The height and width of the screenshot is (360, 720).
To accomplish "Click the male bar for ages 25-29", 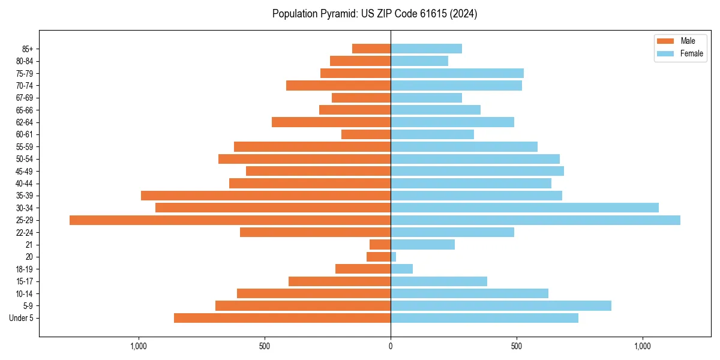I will (230, 220).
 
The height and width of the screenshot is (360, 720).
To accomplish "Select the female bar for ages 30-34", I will (524, 208).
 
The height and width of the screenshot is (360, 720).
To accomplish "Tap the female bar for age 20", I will (394, 257).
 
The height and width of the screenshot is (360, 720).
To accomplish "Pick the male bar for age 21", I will (380, 245).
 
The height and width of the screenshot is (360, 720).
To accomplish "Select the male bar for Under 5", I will (282, 318).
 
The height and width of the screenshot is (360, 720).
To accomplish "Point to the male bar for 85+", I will (371, 49).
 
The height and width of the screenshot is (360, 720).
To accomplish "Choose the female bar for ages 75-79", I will (457, 73).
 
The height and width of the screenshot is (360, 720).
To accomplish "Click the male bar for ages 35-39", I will (266, 196).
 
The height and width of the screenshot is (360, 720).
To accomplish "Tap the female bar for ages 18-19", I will (402, 269).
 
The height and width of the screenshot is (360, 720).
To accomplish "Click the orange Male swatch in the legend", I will (665, 41).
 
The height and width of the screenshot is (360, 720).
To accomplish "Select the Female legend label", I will (692, 53).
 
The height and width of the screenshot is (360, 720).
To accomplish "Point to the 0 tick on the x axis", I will (391, 346).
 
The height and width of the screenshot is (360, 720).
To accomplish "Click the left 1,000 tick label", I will (139, 346).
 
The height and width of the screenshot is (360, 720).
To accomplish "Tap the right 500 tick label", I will (517, 346).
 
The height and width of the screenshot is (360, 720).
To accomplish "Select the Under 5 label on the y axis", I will (21, 318).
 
